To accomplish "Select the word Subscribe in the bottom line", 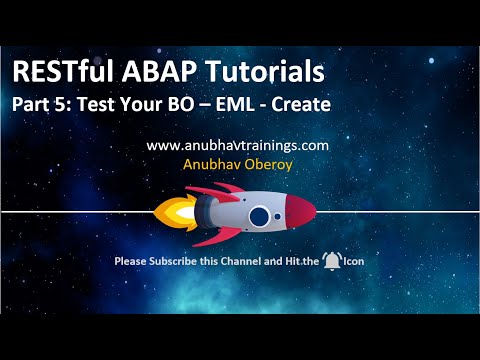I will coord(175,262).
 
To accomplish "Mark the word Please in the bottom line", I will coord(131,262).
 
